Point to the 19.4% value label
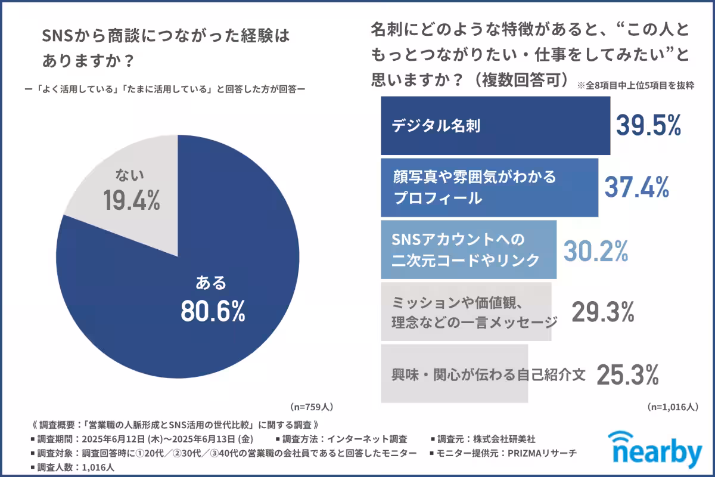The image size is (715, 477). pyautogui.click(x=132, y=202)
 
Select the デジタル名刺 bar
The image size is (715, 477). pyautogui.click(x=495, y=126)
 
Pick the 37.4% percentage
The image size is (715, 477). pyautogui.click(x=636, y=187)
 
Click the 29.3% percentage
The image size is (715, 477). pyautogui.click(x=602, y=311)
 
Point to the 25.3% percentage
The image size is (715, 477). pyautogui.click(x=627, y=374)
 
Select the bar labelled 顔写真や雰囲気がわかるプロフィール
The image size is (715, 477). pyautogui.click(x=489, y=187)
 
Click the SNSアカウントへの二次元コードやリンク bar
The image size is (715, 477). pyautogui.click(x=468, y=250)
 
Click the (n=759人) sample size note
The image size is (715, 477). pyautogui.click(x=312, y=407)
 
